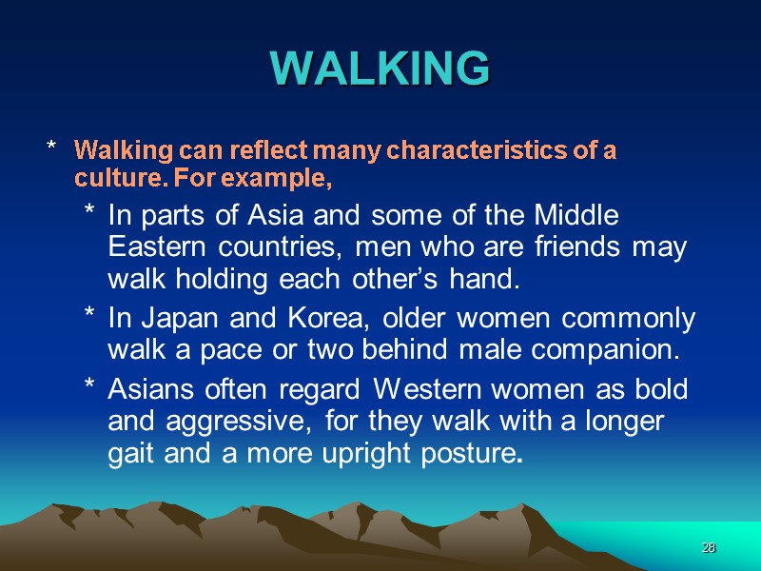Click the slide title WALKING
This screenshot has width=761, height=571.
[x=380, y=68]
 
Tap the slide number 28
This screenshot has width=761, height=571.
[x=708, y=548]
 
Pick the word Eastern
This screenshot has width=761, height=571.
[x=154, y=246]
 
